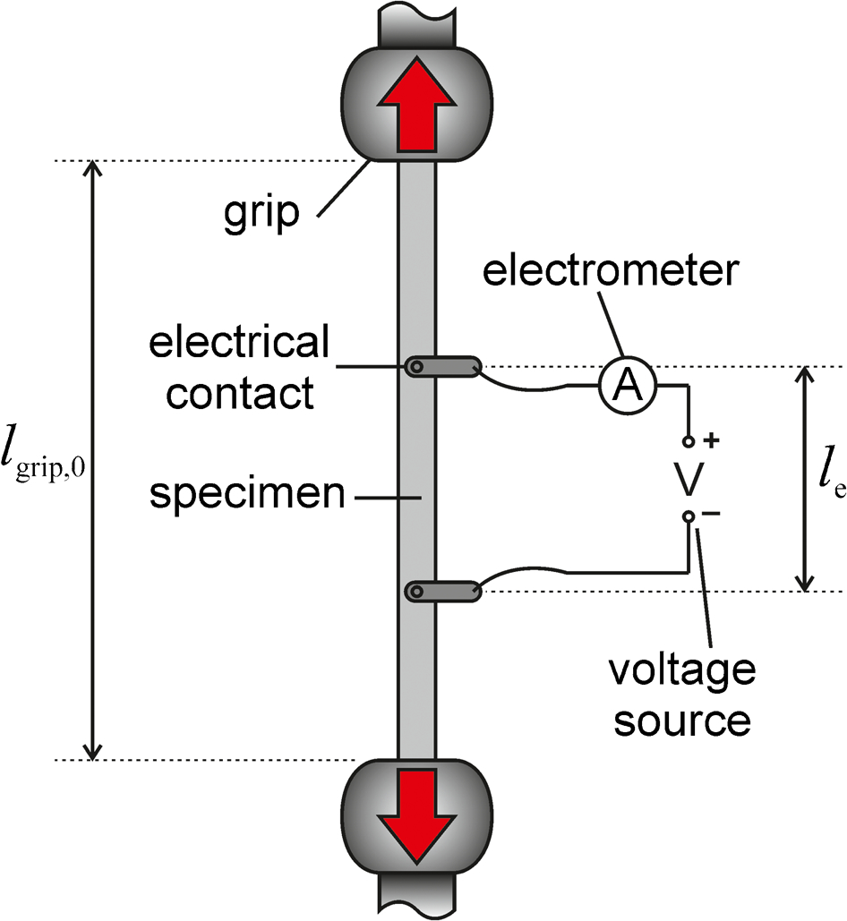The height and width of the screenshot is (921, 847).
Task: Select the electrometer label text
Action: point(611,271)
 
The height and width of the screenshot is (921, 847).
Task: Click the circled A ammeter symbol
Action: point(628,385)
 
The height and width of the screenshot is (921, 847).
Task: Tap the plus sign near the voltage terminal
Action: point(712,439)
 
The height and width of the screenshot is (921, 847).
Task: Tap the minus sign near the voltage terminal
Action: point(711,514)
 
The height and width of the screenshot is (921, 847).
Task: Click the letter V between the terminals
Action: point(688,478)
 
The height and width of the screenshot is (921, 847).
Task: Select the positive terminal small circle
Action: point(689,441)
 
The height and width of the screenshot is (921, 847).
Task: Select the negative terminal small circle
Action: point(689,516)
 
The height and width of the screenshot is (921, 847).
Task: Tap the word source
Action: point(682,721)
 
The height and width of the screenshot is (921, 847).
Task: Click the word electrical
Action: point(239,343)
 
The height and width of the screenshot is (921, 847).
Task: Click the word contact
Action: point(240,392)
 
